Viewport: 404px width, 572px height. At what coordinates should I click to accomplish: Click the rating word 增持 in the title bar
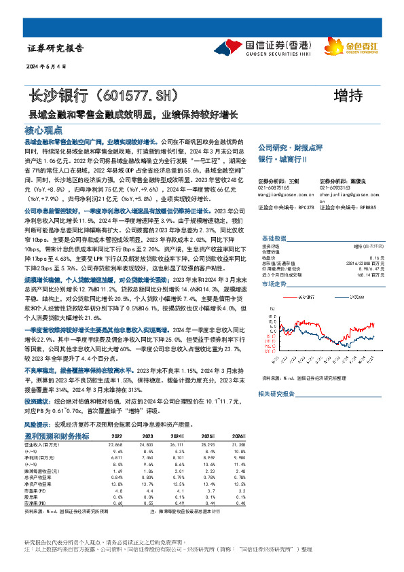(350, 94)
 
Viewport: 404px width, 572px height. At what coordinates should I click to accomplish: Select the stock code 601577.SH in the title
(142, 94)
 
